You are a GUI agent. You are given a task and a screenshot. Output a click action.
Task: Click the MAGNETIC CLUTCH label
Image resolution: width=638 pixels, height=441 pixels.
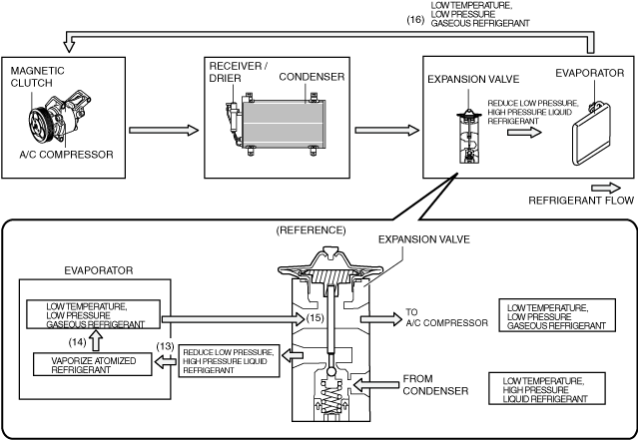[37, 77]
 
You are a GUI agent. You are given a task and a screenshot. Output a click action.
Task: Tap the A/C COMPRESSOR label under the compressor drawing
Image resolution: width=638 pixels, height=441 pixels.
[66, 155]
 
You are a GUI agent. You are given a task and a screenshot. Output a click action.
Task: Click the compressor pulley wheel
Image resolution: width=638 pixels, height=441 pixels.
[40, 121]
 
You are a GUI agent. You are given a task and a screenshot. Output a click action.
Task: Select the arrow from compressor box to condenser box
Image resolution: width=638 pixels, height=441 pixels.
[164, 130]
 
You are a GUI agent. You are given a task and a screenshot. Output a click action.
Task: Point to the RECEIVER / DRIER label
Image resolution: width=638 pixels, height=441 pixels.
[238, 72]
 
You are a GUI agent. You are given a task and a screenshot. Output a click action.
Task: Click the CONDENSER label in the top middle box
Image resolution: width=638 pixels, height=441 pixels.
[312, 77]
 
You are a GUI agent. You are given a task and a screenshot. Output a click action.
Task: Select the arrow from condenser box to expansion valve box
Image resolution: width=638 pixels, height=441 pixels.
[387, 130]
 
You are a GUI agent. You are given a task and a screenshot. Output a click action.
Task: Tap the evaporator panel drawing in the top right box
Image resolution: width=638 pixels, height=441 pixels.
[591, 134]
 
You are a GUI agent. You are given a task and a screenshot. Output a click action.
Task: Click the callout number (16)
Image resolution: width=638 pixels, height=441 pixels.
[415, 20]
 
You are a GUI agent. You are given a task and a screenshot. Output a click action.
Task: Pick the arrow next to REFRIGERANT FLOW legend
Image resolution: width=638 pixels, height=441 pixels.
[606, 188]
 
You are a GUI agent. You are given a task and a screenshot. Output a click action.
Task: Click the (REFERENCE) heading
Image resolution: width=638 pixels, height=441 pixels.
[311, 230]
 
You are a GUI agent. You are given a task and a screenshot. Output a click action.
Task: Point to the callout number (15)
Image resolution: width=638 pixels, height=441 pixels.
[315, 318]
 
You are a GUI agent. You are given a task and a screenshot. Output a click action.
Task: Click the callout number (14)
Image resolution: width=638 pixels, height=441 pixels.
[77, 342]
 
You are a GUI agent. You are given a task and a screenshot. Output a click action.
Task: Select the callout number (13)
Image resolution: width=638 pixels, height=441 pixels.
[165, 346]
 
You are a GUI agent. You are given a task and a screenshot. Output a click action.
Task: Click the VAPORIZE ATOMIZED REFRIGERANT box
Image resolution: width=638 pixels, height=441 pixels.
[93, 364]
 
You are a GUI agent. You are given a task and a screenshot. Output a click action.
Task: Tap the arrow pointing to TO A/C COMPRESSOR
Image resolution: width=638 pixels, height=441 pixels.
[380, 318]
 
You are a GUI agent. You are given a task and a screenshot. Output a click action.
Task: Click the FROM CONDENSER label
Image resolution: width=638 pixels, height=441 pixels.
[435, 385]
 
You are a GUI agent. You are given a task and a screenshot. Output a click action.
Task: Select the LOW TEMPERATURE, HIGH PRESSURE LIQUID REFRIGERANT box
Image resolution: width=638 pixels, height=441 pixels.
[547, 388]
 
